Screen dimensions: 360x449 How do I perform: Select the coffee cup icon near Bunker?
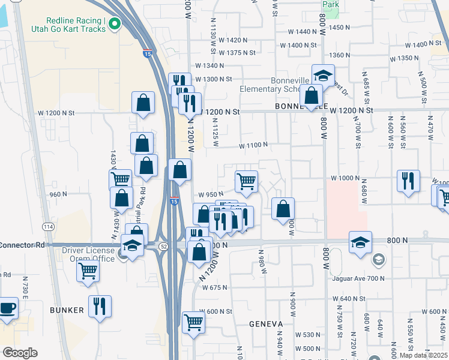pyautogui.click(x=8, y=308)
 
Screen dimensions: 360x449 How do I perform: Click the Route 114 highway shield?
pyautogui.click(x=49, y=226)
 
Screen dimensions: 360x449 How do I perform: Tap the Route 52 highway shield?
pyautogui.click(x=163, y=246)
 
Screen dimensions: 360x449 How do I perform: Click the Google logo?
pyautogui.click(x=20, y=353)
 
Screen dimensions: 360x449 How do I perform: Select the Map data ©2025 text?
pyautogui.click(x=423, y=355)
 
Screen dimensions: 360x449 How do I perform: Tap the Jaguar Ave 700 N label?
pyautogui.click(x=358, y=278)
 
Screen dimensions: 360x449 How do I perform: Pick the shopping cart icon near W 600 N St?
pyautogui.click(x=193, y=322)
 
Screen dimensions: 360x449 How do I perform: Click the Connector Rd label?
pyautogui.click(x=23, y=245)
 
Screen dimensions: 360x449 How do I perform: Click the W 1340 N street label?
pyautogui.click(x=208, y=66)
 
